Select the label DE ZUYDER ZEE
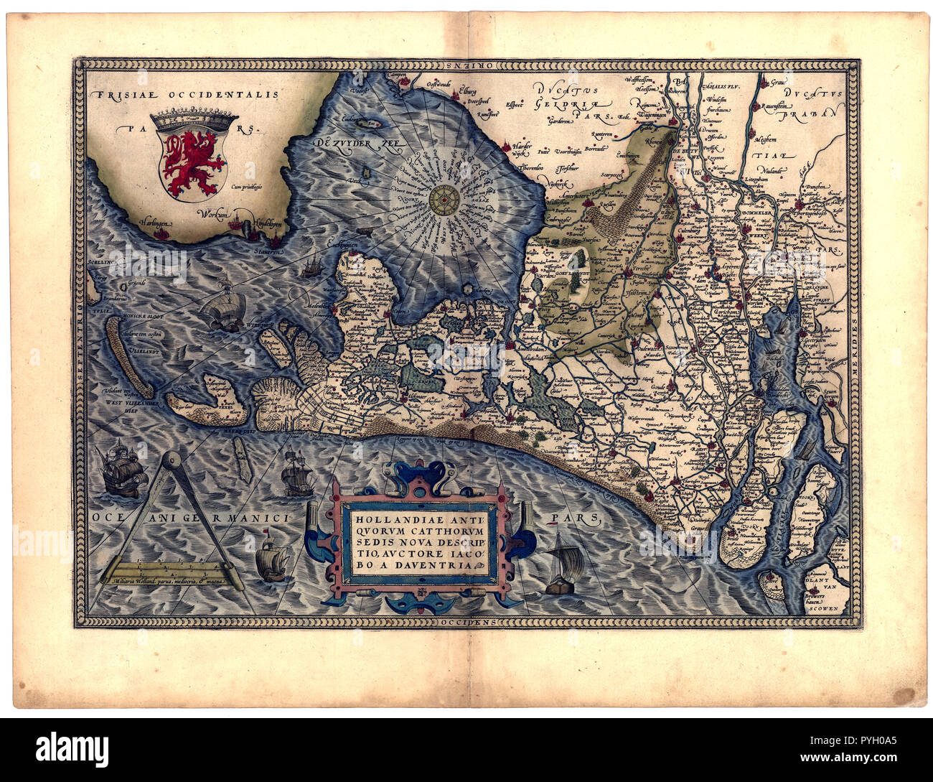(x=359, y=143)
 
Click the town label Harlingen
(x=156, y=223)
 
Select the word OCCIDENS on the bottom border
(x=467, y=622)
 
